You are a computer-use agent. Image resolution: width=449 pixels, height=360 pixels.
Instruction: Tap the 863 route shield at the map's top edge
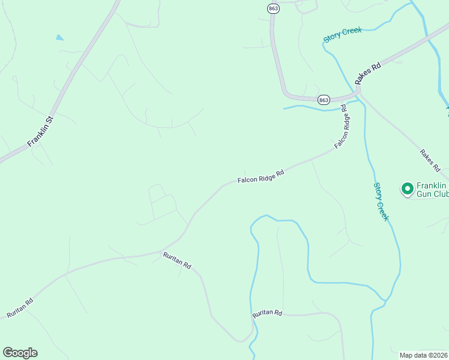click(274, 8)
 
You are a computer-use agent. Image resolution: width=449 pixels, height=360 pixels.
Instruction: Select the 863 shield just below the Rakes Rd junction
click(324, 100)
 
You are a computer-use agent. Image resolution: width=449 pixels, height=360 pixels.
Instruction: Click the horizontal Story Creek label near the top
click(343, 34)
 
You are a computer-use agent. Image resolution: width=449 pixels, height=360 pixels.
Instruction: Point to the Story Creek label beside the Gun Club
click(381, 202)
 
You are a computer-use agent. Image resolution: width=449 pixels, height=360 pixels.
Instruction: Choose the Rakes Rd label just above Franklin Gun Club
click(429, 160)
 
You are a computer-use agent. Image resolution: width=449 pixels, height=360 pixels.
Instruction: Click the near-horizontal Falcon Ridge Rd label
click(260, 175)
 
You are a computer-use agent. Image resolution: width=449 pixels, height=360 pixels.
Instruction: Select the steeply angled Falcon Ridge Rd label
click(342, 127)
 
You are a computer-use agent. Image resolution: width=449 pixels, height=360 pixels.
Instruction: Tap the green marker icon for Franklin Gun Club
click(407, 189)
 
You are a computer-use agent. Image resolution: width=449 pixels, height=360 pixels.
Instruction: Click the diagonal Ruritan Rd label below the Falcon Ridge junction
click(177, 260)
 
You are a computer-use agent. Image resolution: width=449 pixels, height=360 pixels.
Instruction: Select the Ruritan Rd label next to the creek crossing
click(267, 313)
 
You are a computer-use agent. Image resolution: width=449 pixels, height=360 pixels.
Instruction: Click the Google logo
click(20, 353)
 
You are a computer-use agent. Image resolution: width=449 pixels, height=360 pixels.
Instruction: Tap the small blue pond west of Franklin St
click(59, 37)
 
